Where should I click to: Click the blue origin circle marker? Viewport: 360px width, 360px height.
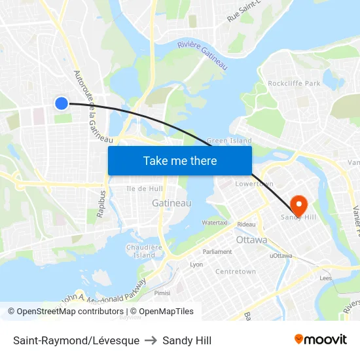point(61,103)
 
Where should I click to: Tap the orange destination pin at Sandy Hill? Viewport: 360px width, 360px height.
point(298,205)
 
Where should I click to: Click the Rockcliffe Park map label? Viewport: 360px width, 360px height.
point(294,83)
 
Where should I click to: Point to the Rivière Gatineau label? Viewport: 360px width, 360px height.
point(202,55)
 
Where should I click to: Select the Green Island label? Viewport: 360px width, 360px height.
point(229,141)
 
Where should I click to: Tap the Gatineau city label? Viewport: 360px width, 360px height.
point(171,204)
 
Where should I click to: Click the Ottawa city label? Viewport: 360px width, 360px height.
point(251,240)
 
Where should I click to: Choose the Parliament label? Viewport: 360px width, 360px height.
point(217,251)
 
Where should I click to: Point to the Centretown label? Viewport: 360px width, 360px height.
point(236,271)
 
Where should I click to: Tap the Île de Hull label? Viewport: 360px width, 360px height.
point(145,189)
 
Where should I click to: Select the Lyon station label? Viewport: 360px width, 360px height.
point(196,265)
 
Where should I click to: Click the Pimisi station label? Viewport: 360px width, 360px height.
point(163,293)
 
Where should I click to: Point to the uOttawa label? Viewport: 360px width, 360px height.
point(281,255)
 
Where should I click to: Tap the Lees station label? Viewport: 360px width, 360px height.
point(326,278)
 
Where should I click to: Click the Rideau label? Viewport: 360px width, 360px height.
point(247,225)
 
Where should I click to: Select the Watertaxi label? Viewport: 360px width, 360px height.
point(215,223)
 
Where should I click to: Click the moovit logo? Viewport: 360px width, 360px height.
point(321,340)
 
